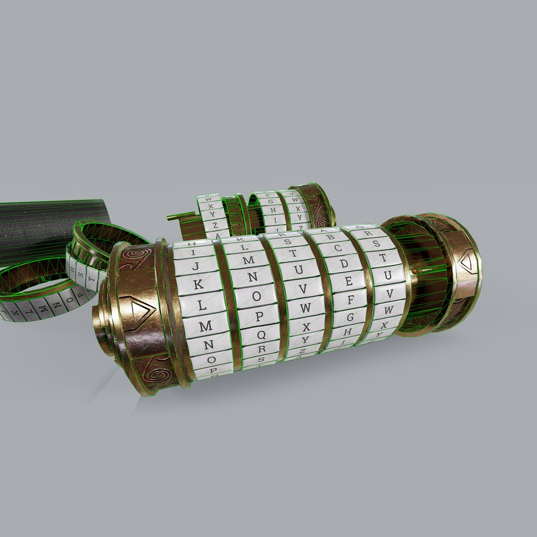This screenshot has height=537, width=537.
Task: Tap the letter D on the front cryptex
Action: pos(344,264)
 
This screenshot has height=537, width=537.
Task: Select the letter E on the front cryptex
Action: pos(349,281)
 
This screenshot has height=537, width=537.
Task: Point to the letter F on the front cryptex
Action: pos(351,299)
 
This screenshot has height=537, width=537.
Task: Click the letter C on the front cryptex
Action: pos(338,248)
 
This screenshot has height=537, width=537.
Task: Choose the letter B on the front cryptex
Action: pos(331,237)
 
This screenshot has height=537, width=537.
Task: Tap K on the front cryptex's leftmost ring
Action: pos(198,285)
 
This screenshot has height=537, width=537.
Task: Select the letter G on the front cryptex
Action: pos(350,316)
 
